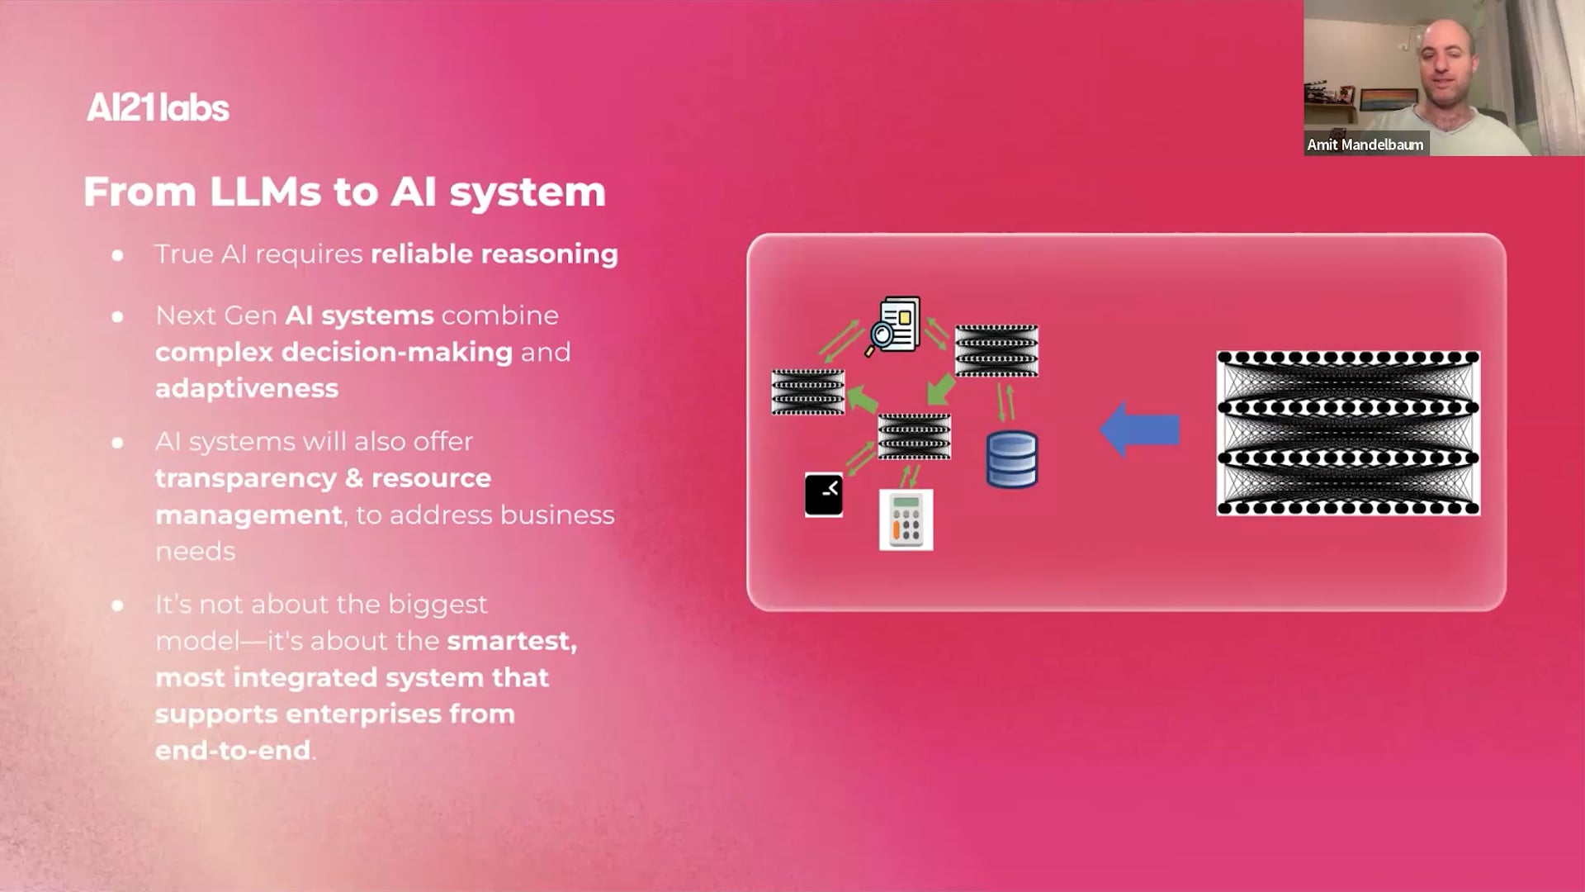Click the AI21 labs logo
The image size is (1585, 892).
[x=158, y=107]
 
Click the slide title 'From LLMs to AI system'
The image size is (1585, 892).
[x=344, y=192]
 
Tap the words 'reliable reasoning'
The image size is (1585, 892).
[x=494, y=254]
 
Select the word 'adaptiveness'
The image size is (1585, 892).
[x=247, y=388]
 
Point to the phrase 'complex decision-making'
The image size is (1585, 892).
[x=334, y=352]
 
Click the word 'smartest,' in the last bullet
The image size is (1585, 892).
[x=512, y=641]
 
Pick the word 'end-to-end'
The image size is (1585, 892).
[x=233, y=750]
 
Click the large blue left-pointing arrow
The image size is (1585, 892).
[x=1140, y=429]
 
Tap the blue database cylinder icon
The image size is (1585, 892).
[x=1012, y=459]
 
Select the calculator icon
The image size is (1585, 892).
[x=906, y=520]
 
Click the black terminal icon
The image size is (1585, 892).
[x=824, y=495]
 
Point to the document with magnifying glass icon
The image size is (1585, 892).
[x=894, y=325]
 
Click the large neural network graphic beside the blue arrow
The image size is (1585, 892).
[x=1348, y=433]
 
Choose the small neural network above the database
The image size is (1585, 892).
[x=996, y=351]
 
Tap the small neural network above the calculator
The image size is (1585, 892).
[x=914, y=436]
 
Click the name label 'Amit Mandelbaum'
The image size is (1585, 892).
[x=1365, y=145]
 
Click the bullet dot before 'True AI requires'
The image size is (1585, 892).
[x=118, y=255]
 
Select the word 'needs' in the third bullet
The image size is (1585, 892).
[x=196, y=551]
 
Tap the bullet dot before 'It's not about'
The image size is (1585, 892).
[x=118, y=605]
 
